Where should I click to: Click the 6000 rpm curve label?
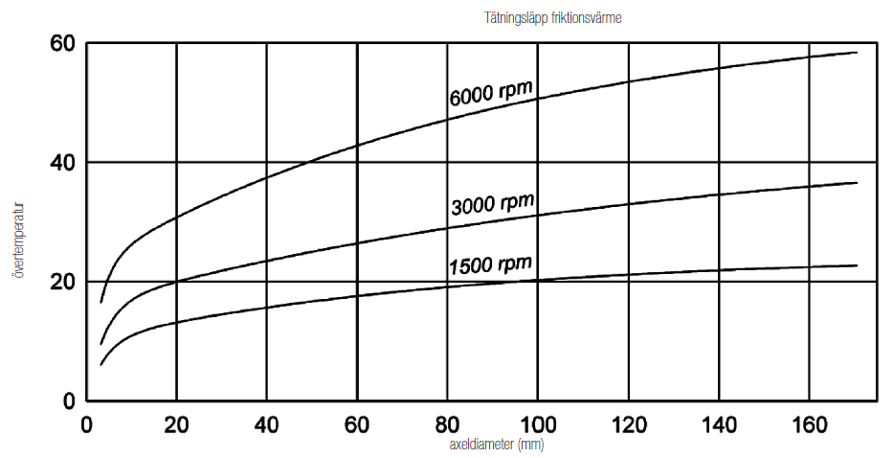point(490,93)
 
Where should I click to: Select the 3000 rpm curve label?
point(491,204)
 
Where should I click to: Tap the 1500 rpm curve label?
point(489,263)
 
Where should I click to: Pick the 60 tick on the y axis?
point(62,44)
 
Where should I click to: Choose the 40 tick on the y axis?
point(62,163)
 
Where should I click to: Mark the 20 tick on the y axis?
point(62,282)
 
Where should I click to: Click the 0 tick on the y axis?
point(70,401)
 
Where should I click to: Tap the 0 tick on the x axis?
point(86,423)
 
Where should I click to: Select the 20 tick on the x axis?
point(176,423)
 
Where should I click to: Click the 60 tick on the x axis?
point(357,423)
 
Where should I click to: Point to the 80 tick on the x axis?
point(447,423)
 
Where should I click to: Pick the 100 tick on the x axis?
point(537,423)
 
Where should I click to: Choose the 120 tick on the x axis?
point(628,423)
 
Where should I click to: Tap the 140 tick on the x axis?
point(718,423)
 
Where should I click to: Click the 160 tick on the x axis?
point(808,423)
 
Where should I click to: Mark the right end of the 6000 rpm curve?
point(856,53)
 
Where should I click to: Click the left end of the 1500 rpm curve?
point(101,364)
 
